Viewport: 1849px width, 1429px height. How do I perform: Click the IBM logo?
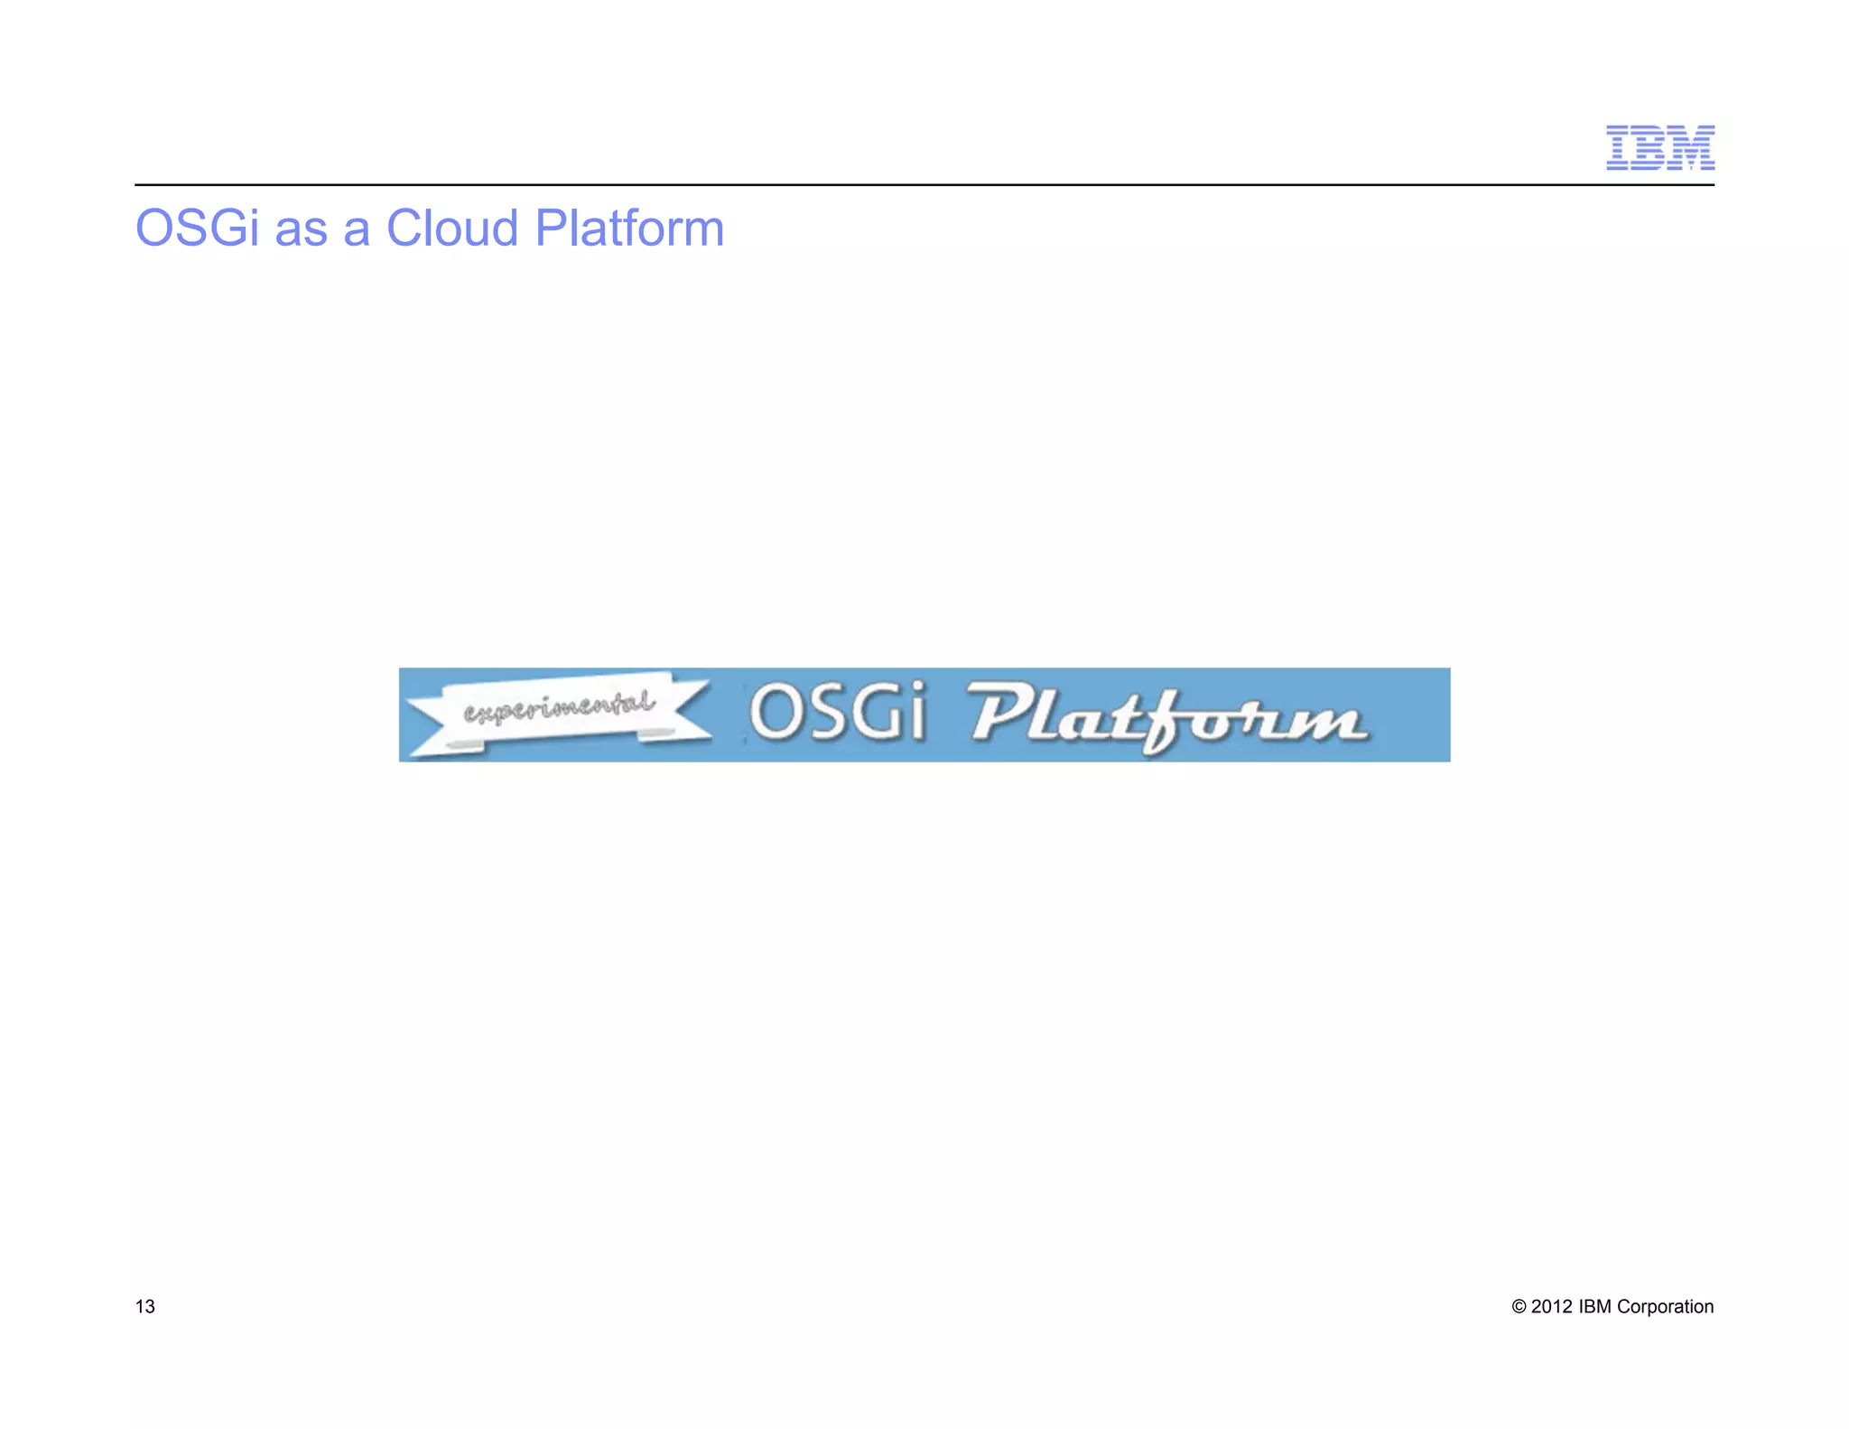pyautogui.click(x=1659, y=148)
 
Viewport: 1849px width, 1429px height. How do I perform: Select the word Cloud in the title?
pyautogui.click(x=451, y=228)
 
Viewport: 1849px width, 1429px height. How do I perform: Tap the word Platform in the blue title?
pyautogui.click(x=629, y=228)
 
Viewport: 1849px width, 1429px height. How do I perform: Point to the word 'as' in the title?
pyautogui.click(x=301, y=231)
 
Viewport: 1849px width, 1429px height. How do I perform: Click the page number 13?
pyautogui.click(x=144, y=1306)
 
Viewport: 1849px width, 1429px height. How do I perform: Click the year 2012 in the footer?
pyautogui.click(x=1552, y=1306)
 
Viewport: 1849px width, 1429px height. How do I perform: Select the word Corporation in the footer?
pyautogui.click(x=1665, y=1306)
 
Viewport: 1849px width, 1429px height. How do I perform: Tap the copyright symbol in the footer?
pyautogui.click(x=1519, y=1307)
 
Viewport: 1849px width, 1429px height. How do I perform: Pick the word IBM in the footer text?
pyautogui.click(x=1594, y=1306)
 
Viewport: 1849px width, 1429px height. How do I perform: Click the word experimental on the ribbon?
pyautogui.click(x=559, y=707)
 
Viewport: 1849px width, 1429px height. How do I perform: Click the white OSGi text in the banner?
pyautogui.click(x=837, y=712)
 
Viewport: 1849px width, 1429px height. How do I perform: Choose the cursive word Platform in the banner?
pyautogui.click(x=1166, y=718)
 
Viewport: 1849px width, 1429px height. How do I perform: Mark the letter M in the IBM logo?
pyautogui.click(x=1691, y=148)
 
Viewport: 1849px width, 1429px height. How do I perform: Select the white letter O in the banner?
pyautogui.click(x=773, y=712)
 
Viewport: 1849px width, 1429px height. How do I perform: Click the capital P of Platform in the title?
pyautogui.click(x=551, y=228)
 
